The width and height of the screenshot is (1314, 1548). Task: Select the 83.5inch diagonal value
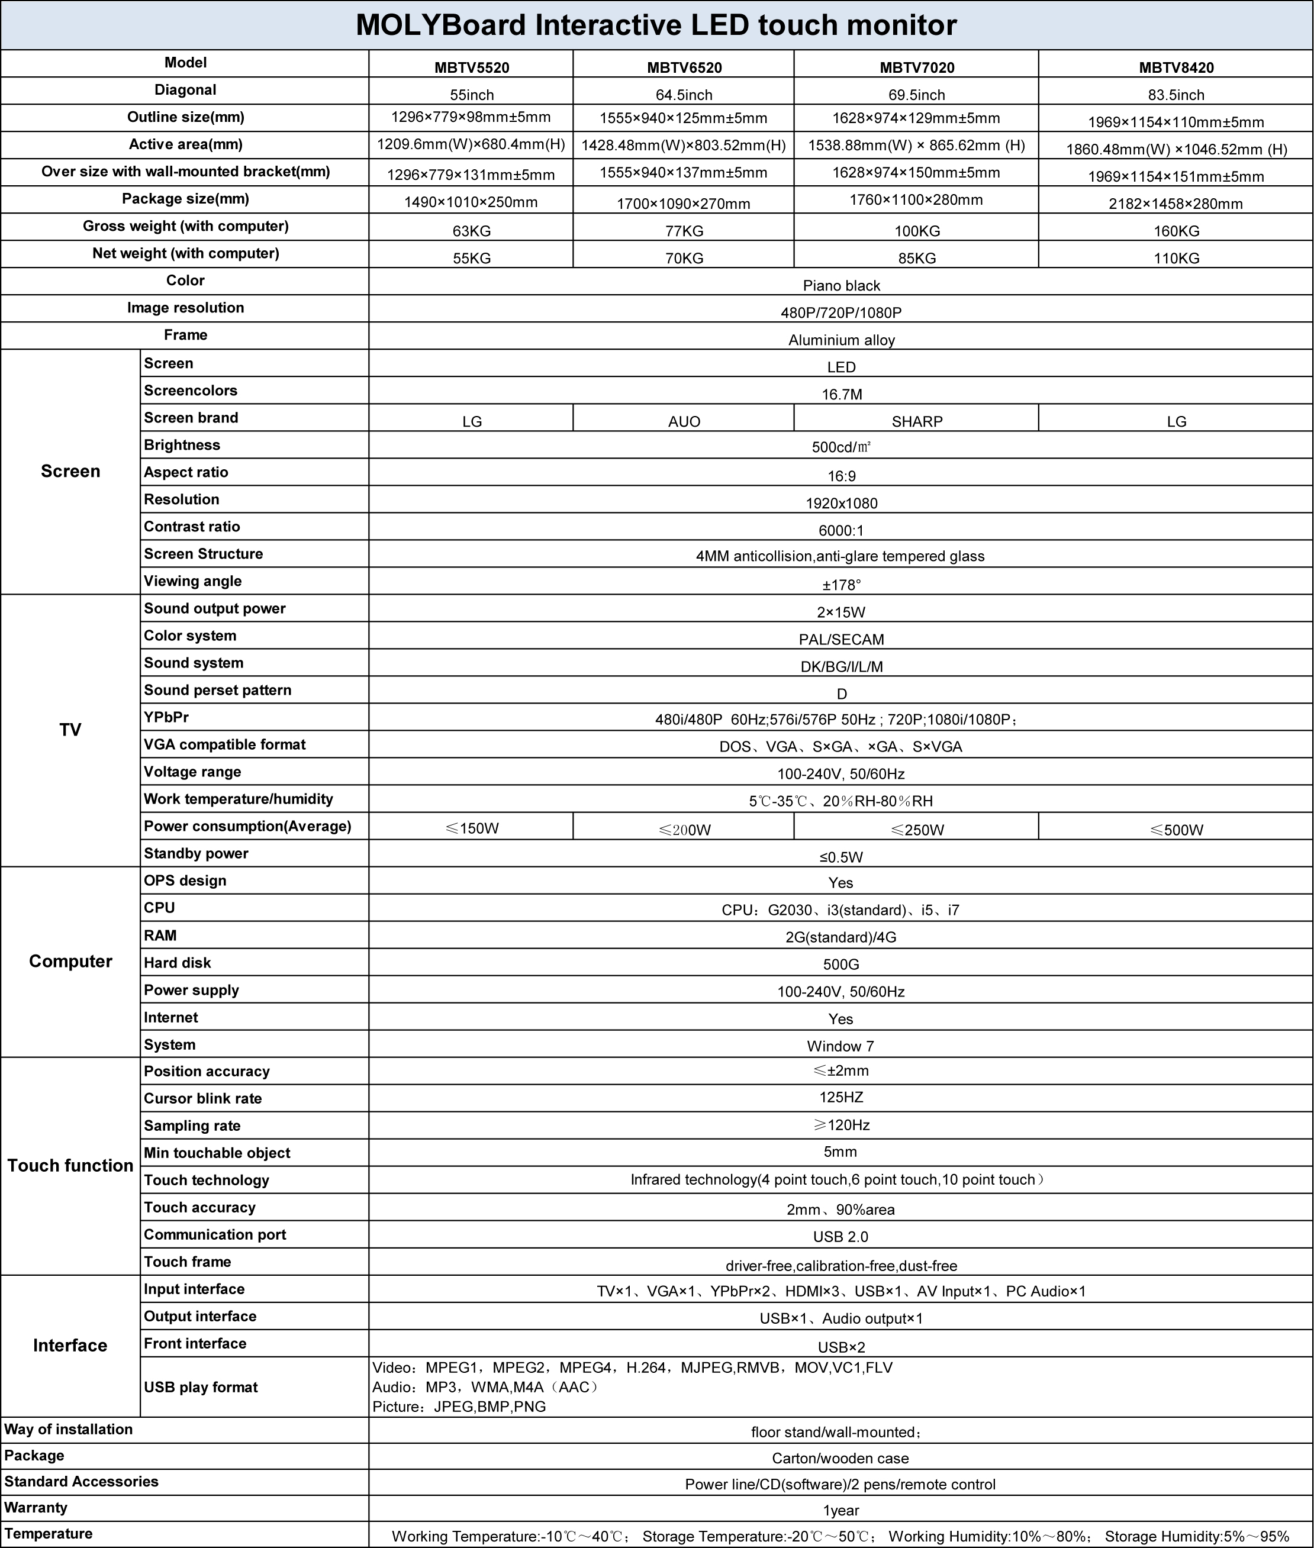(x=1175, y=95)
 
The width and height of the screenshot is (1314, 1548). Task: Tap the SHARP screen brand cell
(x=916, y=421)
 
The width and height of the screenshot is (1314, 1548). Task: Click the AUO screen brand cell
(x=684, y=421)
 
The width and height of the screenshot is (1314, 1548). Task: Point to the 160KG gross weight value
(x=1175, y=231)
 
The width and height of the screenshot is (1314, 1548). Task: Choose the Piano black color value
(x=841, y=286)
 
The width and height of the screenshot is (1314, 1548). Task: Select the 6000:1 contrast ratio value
(x=841, y=531)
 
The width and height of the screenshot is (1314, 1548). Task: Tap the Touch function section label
(x=70, y=1166)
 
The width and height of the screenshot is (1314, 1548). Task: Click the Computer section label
(x=70, y=961)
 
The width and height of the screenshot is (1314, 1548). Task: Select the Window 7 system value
(x=840, y=1046)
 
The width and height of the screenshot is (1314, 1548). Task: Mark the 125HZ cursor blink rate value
(x=841, y=1098)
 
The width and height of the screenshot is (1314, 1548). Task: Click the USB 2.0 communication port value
(x=840, y=1237)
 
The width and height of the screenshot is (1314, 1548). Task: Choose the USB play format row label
(x=201, y=1387)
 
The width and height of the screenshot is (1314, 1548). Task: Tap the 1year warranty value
(x=841, y=1510)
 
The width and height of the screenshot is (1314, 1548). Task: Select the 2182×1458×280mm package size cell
(x=1175, y=204)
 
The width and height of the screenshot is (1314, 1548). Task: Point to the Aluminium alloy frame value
(x=841, y=340)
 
